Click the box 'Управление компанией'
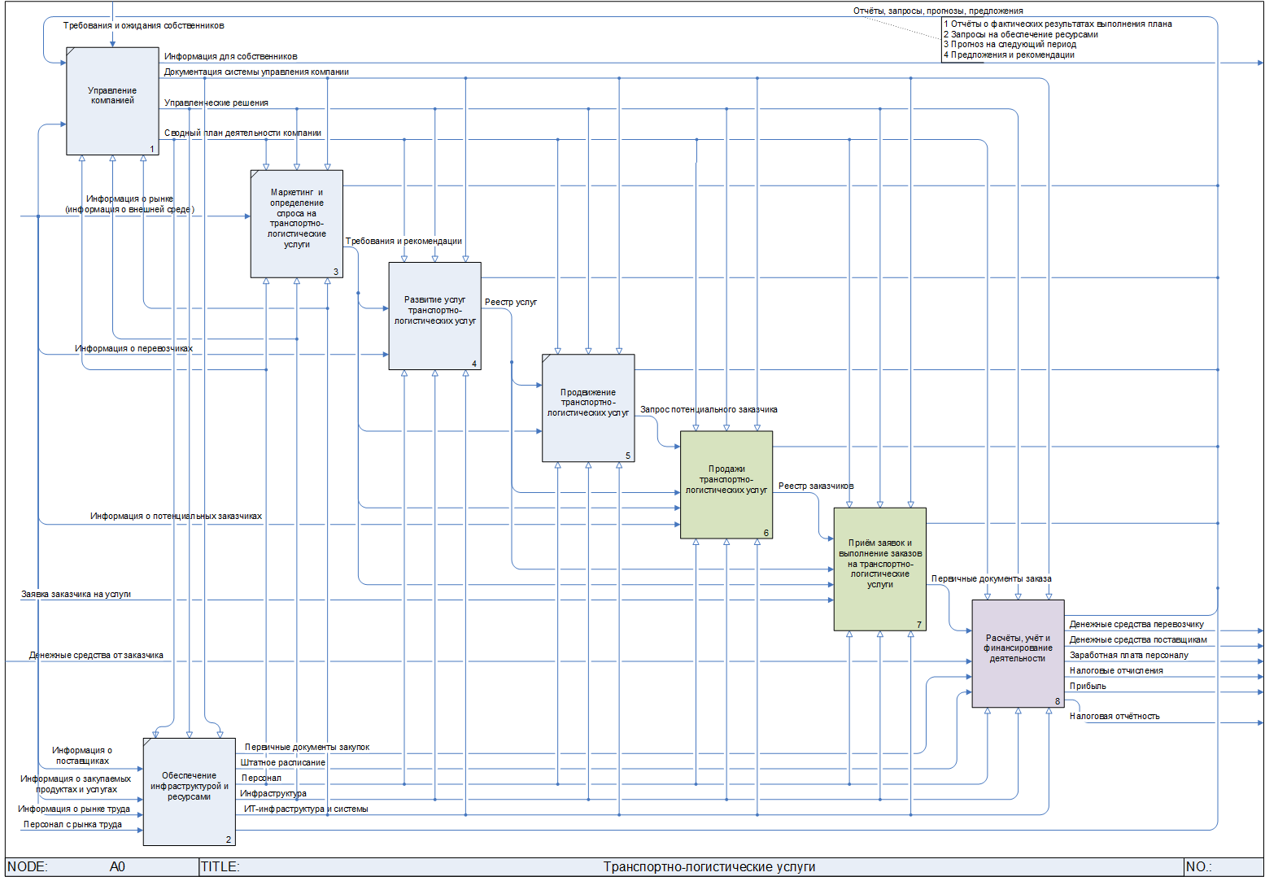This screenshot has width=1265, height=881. coord(112,100)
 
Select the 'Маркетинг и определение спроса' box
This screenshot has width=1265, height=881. coord(297,224)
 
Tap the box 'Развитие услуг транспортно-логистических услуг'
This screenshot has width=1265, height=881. coord(434,316)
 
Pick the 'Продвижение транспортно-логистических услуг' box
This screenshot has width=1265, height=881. coord(588,408)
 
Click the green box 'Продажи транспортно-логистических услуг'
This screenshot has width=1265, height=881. coord(726,485)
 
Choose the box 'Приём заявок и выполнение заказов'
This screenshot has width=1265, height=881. coord(879,569)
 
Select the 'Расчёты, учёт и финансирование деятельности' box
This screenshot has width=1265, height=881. coord(1018,653)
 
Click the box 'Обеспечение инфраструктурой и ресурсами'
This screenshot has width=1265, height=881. coord(190,792)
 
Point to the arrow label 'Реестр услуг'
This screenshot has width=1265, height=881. coord(511,303)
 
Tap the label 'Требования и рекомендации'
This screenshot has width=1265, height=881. coord(403,242)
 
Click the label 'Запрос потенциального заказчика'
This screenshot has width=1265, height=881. coord(709,410)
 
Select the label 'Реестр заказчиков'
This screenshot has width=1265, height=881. coord(816,486)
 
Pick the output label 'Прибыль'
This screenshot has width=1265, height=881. coord(1088,687)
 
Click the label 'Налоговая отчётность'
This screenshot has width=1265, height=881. coord(1115,717)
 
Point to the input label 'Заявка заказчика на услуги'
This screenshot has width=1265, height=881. coord(76,595)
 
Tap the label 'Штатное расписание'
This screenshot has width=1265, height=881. coord(283,763)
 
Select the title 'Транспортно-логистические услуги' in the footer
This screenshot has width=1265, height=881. coord(709,867)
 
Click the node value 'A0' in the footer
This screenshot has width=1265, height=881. coord(117,867)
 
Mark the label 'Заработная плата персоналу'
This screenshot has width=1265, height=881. coord(1128,656)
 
